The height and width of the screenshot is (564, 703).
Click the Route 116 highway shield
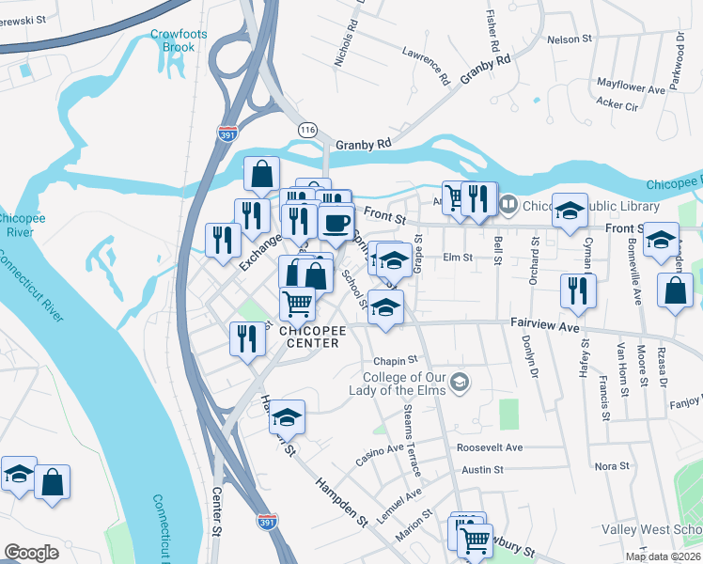[306, 128]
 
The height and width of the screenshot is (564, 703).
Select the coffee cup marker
[336, 225]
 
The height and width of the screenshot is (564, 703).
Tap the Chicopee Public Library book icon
[508, 203]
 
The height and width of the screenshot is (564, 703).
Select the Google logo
[31, 553]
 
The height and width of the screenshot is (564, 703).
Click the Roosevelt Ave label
[489, 447]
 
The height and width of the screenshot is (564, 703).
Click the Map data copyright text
[663, 556]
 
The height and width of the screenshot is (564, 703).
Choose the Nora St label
[612, 466]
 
